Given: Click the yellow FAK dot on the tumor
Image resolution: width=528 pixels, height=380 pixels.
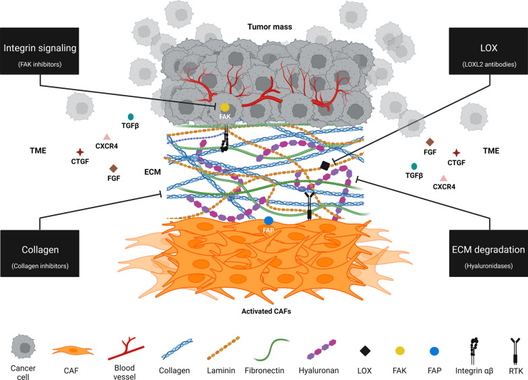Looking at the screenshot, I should click(x=225, y=108).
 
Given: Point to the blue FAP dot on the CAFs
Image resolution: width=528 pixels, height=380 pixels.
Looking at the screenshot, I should click(x=269, y=221).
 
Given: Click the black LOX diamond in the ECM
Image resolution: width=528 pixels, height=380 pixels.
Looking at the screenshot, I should click(x=325, y=166).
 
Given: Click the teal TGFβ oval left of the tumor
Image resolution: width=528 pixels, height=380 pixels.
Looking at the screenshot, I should click(x=131, y=116).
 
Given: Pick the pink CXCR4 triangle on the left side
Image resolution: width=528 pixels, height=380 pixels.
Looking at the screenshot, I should click(x=106, y=137).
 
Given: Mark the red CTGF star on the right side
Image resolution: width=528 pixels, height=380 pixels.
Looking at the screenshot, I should click(x=457, y=153).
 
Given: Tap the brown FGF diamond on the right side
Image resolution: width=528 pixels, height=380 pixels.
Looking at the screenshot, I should click(x=430, y=142).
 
